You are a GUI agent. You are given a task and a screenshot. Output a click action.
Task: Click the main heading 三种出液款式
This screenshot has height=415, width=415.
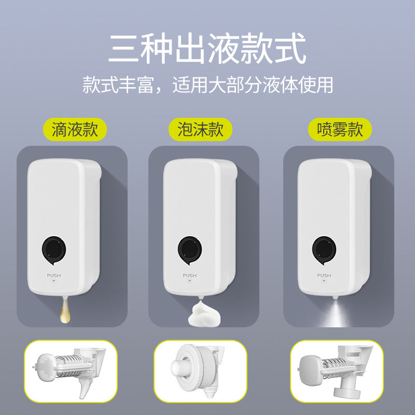[x=207, y=48]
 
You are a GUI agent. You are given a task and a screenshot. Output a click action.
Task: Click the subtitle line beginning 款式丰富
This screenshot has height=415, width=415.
[x=208, y=85]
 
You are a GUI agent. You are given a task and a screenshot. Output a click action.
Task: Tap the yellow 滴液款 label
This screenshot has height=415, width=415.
[x=75, y=129]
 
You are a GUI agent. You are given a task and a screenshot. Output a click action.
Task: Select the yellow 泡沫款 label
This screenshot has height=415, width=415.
[x=201, y=129]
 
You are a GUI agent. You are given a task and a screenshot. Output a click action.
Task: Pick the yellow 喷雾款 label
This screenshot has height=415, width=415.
[x=340, y=129]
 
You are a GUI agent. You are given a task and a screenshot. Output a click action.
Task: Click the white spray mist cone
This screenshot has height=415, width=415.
[x=335, y=313]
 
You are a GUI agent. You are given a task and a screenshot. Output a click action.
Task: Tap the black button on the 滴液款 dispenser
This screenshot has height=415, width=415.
[x=54, y=250]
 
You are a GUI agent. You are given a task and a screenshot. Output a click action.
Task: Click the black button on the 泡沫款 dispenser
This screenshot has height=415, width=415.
[x=190, y=250]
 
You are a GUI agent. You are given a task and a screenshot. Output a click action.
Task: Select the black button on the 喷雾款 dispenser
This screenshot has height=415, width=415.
[x=324, y=250]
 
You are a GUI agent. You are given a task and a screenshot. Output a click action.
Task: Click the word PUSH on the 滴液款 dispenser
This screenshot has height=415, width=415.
[x=54, y=275]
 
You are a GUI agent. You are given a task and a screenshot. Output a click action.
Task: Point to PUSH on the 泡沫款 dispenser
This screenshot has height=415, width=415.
[x=190, y=275]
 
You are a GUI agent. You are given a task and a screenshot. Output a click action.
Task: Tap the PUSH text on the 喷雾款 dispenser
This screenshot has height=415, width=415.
[x=324, y=275]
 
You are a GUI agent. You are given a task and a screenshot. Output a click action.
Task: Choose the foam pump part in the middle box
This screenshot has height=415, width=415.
[x=199, y=370]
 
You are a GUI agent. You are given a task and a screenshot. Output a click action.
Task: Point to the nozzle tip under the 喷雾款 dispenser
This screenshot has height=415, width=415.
[x=335, y=297]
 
